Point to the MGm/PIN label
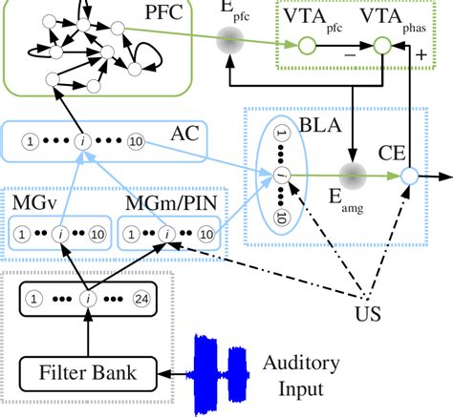point(170,208)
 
